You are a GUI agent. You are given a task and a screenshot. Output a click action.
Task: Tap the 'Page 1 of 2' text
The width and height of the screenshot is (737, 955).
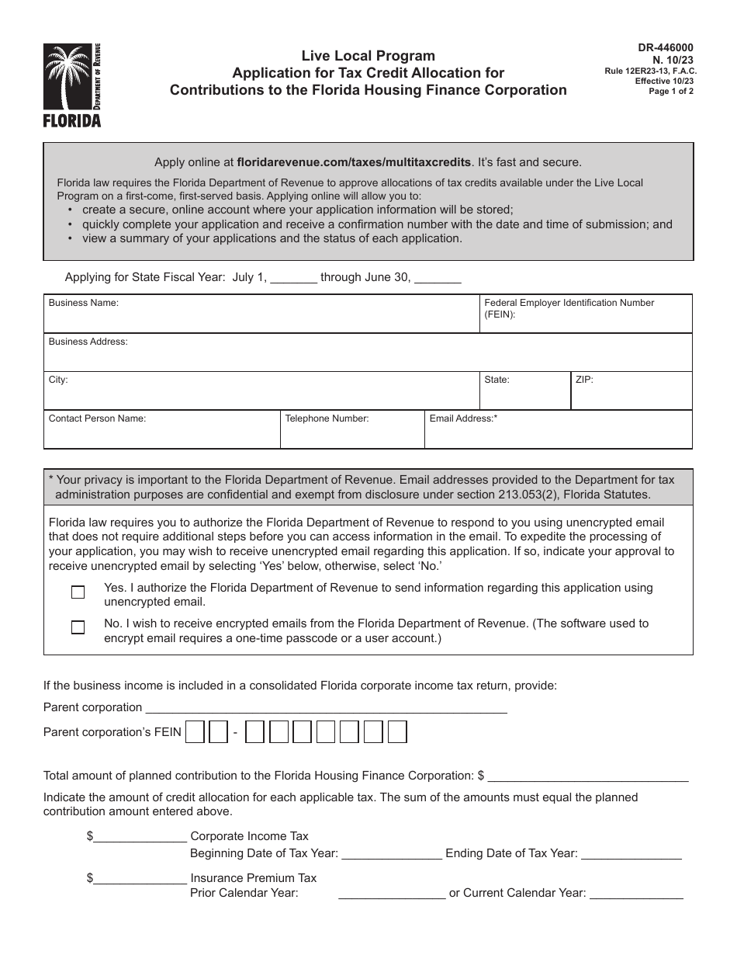point(671,91)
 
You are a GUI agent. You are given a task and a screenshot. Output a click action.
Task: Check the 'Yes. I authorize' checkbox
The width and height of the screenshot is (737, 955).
point(78,592)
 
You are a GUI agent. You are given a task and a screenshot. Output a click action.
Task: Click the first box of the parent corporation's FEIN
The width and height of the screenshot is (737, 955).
point(195,732)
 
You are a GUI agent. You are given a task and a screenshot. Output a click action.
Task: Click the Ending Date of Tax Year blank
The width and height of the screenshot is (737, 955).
point(631,853)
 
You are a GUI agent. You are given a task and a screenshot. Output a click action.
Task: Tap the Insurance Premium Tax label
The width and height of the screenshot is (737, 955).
point(254,878)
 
